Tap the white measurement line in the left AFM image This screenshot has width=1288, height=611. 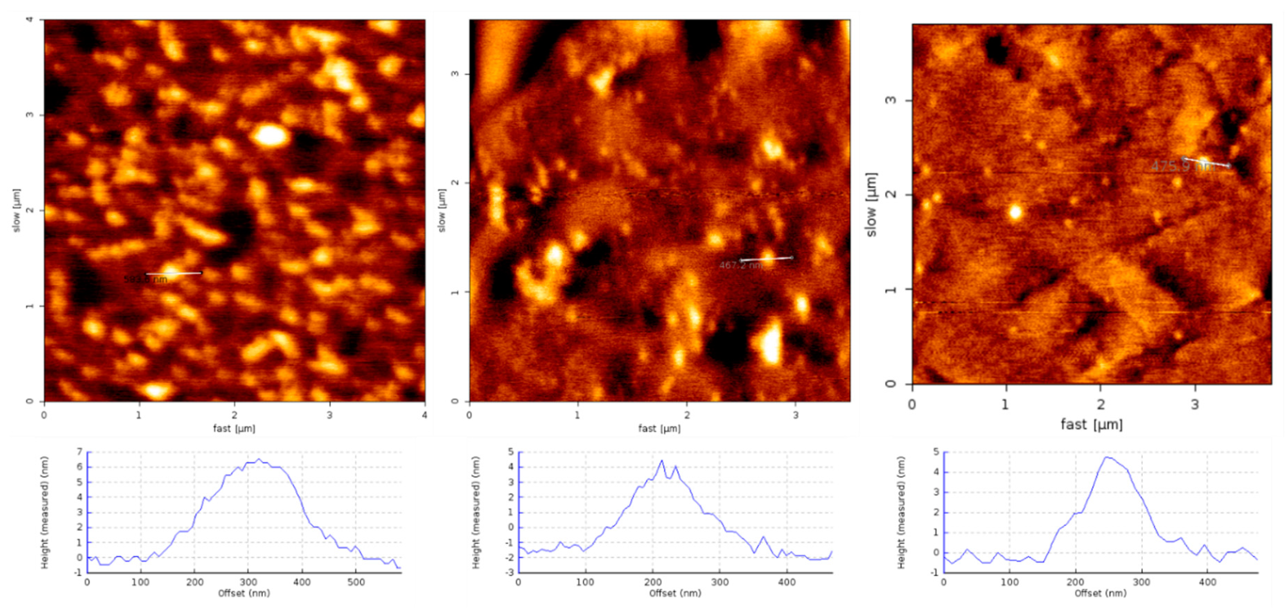tap(174, 273)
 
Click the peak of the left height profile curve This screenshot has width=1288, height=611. tap(258, 459)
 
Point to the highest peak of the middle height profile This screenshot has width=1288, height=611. tap(662, 461)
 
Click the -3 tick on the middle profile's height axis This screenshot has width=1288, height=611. tap(511, 572)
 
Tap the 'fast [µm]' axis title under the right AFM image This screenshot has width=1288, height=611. tap(1092, 424)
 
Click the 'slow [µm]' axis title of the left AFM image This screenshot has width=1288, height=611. tap(17, 210)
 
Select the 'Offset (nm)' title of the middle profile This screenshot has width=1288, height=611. tap(675, 593)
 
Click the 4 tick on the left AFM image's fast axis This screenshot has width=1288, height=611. tap(424, 415)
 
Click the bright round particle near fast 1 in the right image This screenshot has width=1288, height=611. tap(1015, 212)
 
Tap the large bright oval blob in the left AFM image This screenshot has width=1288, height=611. tap(270, 136)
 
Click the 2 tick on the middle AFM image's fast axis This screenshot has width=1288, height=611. tap(687, 415)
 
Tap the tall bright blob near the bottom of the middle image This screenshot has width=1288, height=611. tap(771, 344)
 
